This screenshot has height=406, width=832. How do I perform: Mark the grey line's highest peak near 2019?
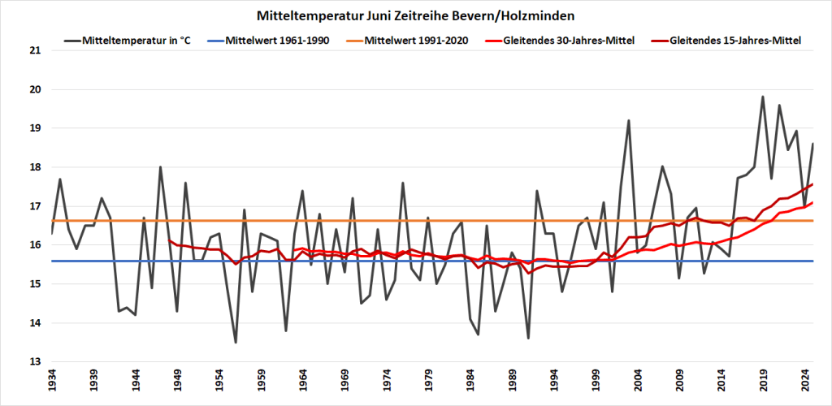[x=763, y=97]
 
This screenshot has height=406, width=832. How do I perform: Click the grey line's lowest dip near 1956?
[x=236, y=343]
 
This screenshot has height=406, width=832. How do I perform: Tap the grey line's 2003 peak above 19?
[x=629, y=120]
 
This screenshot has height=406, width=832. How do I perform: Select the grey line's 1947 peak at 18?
[x=160, y=167]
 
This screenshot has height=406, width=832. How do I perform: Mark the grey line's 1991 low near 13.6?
[x=528, y=338]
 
